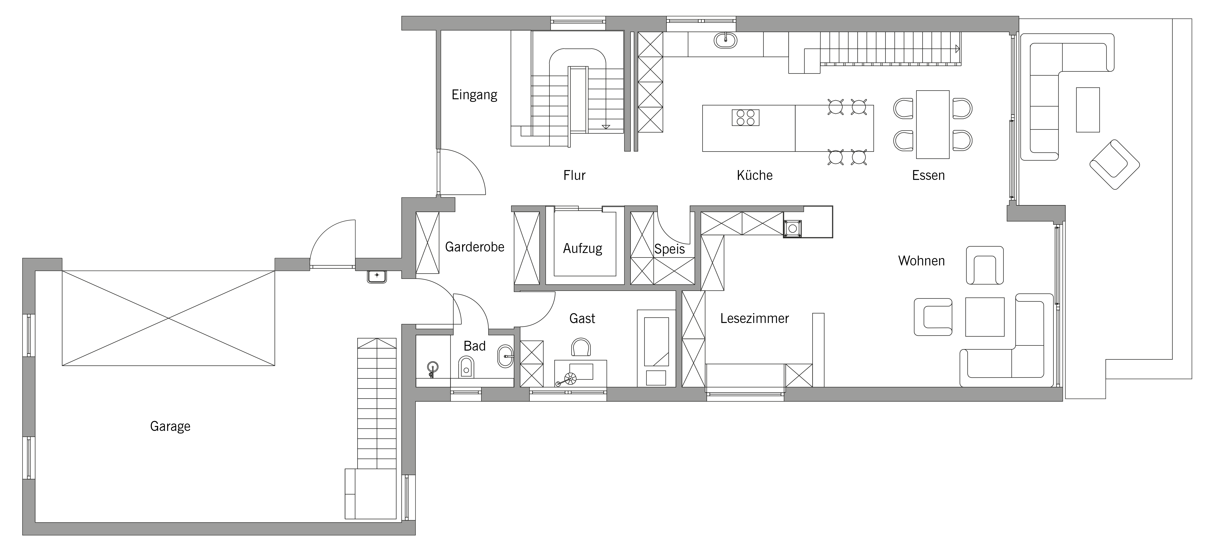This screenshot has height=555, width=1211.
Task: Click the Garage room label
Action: pyautogui.click(x=170, y=426)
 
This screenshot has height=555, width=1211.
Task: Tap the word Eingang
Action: pyautogui.click(x=474, y=95)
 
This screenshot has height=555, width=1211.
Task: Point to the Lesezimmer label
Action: pyautogui.click(x=754, y=318)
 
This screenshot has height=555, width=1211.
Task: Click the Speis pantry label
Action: pyautogui.click(x=670, y=249)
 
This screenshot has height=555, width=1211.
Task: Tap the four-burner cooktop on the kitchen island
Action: pyautogui.click(x=746, y=117)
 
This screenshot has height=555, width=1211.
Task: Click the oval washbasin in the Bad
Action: pyautogui.click(x=505, y=356)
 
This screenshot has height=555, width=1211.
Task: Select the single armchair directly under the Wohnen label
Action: pyautogui.click(x=984, y=265)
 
